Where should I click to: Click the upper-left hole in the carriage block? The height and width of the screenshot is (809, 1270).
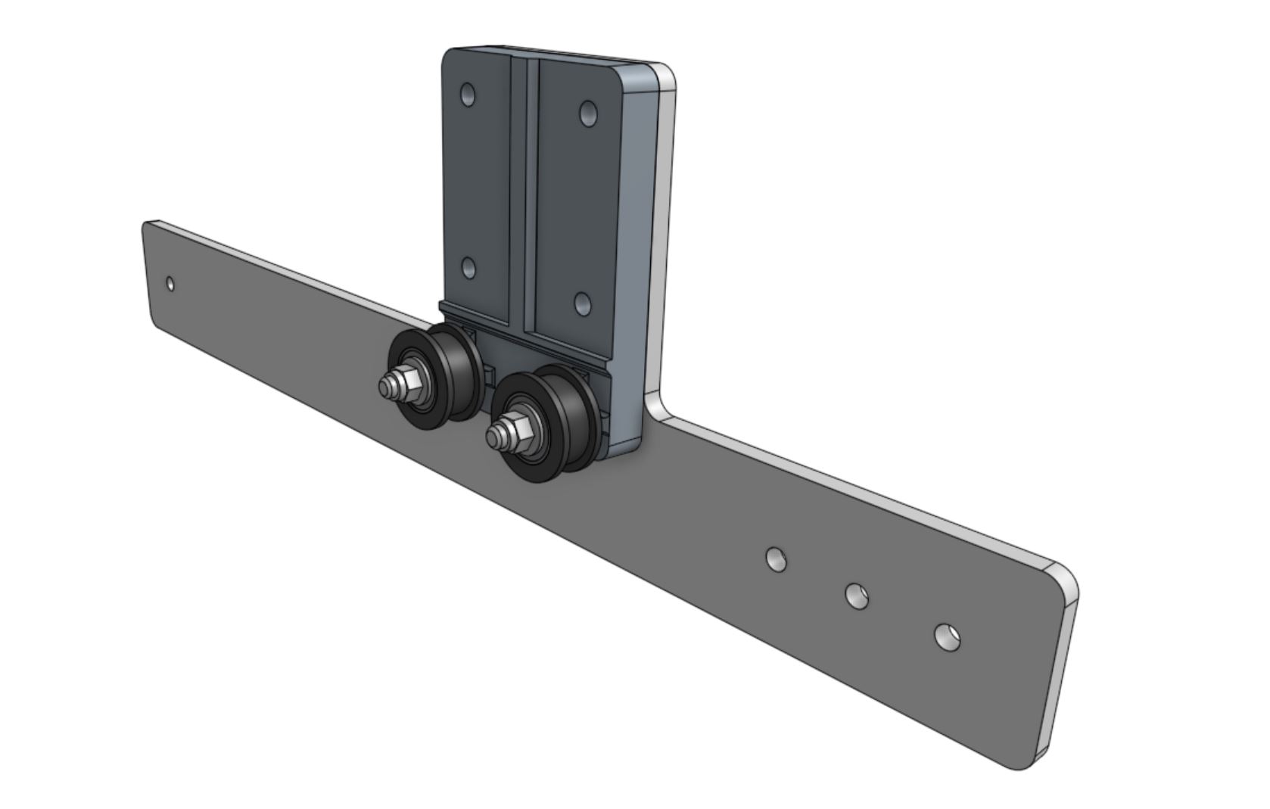468,95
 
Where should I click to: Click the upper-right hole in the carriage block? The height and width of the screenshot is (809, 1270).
588,114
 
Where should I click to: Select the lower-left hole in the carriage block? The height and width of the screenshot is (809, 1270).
468,268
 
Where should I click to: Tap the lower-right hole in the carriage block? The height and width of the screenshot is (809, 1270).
582,304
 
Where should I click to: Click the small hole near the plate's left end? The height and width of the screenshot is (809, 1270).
170,285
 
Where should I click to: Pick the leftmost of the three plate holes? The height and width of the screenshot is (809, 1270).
776,559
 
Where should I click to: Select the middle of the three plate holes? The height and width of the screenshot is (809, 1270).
857,596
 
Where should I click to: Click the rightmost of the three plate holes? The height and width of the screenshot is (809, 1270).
947,636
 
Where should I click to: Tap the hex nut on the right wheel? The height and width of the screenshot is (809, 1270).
515,428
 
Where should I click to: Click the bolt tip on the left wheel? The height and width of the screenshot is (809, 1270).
386,389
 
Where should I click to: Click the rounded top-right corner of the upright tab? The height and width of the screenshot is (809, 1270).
666,76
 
